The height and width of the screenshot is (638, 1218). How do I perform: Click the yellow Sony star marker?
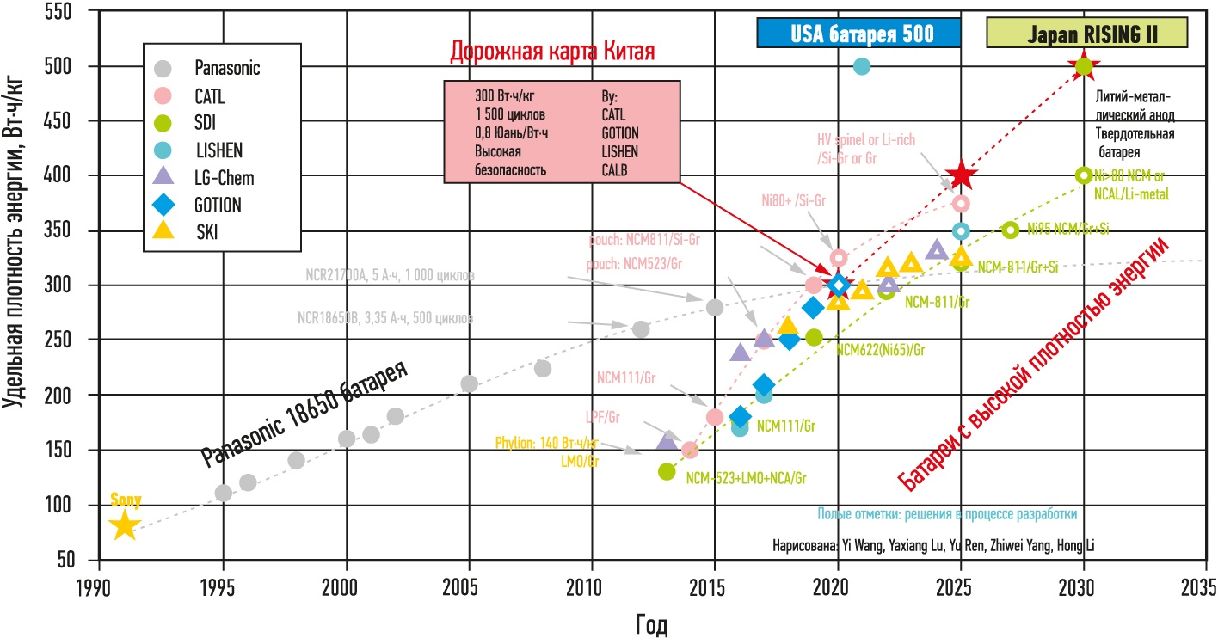(125, 525)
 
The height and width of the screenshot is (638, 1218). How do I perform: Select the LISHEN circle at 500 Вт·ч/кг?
(862, 66)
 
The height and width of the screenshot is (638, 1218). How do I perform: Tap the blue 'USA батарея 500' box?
(858, 34)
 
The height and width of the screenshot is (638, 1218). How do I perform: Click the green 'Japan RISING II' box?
(1086, 34)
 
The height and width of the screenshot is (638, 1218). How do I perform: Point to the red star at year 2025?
(961, 176)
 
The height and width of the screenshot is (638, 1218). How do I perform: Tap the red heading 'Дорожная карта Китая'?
(552, 52)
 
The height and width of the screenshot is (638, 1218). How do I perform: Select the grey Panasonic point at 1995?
(224, 493)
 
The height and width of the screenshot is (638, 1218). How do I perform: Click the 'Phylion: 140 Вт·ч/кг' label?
(547, 444)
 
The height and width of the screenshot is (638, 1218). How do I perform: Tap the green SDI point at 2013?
(666, 471)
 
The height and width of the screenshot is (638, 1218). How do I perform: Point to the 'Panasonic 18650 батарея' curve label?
(304, 413)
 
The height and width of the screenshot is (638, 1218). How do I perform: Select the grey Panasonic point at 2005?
(469, 383)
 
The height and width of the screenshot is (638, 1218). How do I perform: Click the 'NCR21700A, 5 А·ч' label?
(390, 275)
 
